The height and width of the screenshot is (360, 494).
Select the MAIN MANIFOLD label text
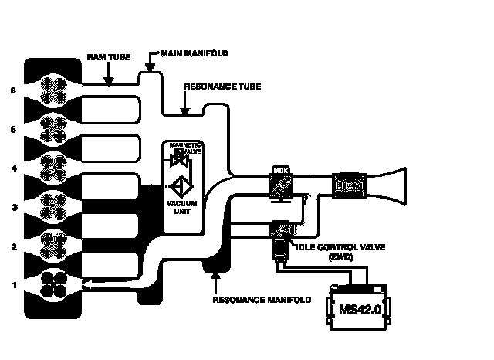pyautogui.click(x=193, y=53)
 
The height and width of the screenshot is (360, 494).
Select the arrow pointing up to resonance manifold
pyautogui.click(x=216, y=274)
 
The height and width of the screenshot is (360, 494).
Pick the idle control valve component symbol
pyautogui.click(x=279, y=232)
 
